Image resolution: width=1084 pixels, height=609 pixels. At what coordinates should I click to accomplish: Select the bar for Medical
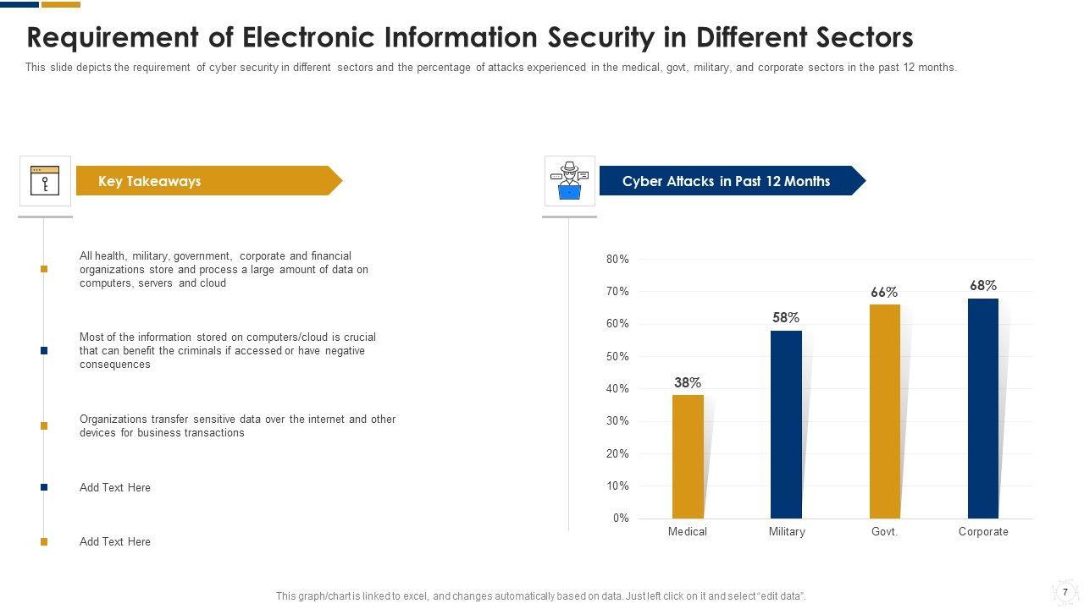[x=688, y=457]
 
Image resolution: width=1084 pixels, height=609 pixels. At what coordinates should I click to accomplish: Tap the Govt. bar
[x=885, y=411]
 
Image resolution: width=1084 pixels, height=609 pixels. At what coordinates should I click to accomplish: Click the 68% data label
[x=983, y=286]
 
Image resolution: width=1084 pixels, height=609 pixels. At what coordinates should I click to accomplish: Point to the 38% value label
[x=688, y=383]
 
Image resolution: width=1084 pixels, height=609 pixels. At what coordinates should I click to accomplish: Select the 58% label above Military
[x=786, y=318]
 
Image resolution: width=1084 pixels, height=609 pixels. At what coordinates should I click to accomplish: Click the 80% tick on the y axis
[x=617, y=260]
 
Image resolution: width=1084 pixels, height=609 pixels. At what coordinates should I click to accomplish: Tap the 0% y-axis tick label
[x=621, y=518]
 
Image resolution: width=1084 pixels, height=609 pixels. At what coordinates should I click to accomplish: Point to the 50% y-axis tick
[x=617, y=357]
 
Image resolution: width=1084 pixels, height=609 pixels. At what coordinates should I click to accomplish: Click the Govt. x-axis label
[x=884, y=532]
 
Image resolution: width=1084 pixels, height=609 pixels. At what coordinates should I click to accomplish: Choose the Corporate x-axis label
[x=983, y=532]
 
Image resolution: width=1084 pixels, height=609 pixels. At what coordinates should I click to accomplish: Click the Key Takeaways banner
[x=203, y=181]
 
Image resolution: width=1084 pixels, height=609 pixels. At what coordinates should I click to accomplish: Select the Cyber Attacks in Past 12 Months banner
[x=727, y=181]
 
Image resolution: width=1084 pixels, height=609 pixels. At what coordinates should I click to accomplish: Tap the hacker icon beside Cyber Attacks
[x=570, y=181]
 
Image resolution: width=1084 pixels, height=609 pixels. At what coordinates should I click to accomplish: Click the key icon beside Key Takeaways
[x=45, y=181]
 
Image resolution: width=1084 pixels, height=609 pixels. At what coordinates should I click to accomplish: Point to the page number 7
[x=1065, y=592]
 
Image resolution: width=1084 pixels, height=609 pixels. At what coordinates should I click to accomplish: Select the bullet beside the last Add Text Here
[x=44, y=542]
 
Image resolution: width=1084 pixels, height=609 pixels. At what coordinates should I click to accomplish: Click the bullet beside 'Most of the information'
[x=44, y=351]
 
